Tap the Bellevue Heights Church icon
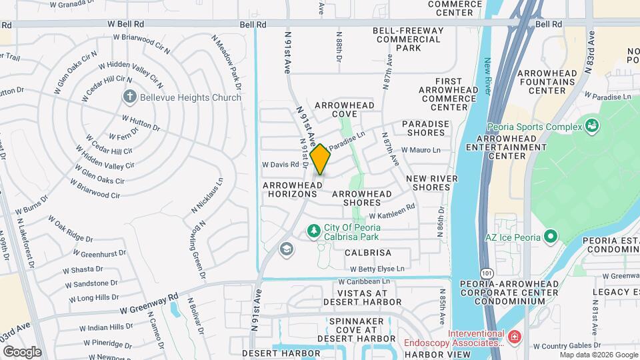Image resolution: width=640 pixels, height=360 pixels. pyautogui.click(x=130, y=97)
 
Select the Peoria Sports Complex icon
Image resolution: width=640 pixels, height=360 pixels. pyautogui.click(x=591, y=125)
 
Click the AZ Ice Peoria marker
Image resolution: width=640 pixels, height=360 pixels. pyautogui.click(x=550, y=237)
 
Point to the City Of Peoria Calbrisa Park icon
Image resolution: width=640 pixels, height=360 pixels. pyautogui.click(x=313, y=231)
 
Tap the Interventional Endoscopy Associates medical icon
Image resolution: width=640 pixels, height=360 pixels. pyautogui.click(x=513, y=338)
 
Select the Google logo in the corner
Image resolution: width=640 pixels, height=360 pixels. pyautogui.click(x=21, y=351)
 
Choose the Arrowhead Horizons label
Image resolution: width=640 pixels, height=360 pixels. pyautogui.click(x=290, y=189)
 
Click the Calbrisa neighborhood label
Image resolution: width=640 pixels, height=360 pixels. pyautogui.click(x=368, y=253)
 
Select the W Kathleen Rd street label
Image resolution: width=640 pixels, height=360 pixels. pyautogui.click(x=392, y=211)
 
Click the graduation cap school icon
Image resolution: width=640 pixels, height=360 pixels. pyautogui.click(x=286, y=249)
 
